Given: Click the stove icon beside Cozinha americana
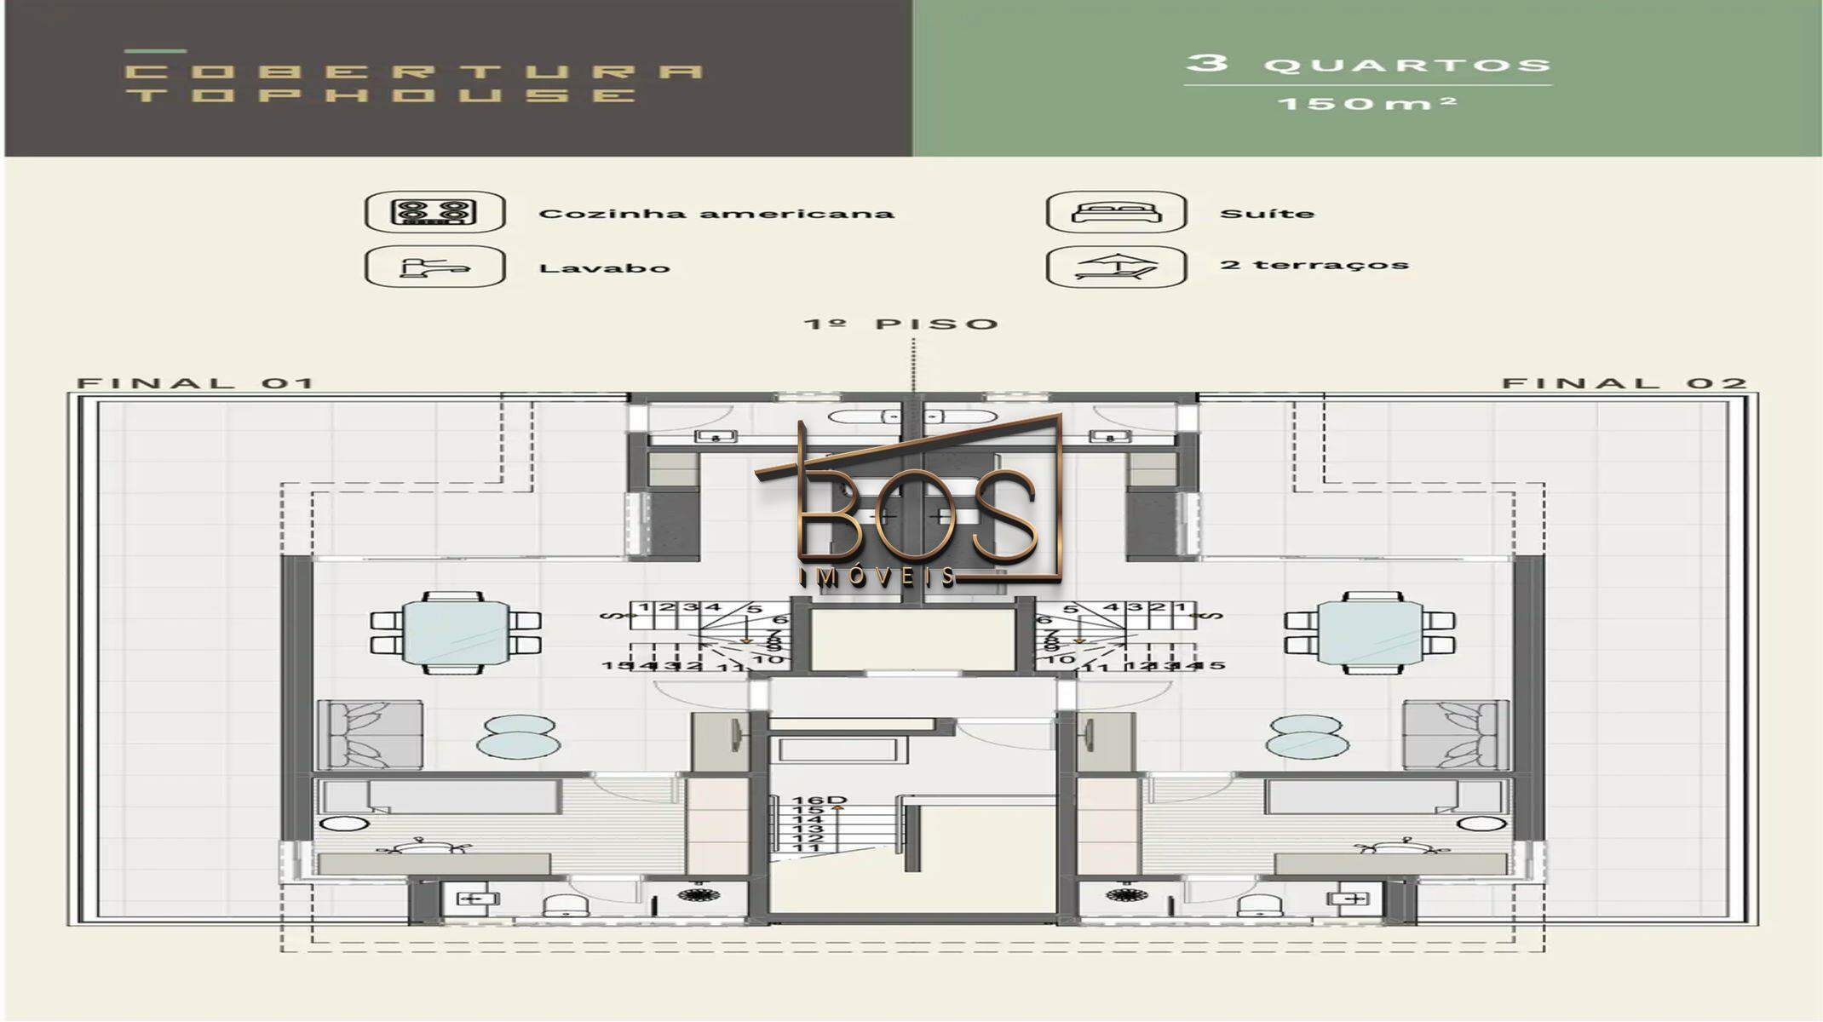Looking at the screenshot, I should pyautogui.click(x=434, y=212).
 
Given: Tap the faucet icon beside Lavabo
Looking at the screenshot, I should pyautogui.click(x=434, y=267).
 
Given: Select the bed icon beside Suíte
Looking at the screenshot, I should pyautogui.click(x=1116, y=212).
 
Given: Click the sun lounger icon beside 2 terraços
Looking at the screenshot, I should pyautogui.click(x=1116, y=267).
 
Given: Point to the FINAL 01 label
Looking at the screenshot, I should pyautogui.click(x=196, y=383).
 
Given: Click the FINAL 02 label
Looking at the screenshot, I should pyautogui.click(x=1624, y=383).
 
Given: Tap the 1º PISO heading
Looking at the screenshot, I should pyautogui.click(x=900, y=324).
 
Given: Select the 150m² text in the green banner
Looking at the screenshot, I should pyautogui.click(x=1367, y=104).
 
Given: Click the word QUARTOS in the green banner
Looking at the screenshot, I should pyautogui.click(x=1406, y=66).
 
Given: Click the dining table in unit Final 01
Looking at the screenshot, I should pyautogui.click(x=456, y=632).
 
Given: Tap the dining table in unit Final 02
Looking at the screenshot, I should pyautogui.click(x=1370, y=632).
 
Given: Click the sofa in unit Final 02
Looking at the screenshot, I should pyautogui.click(x=1455, y=735).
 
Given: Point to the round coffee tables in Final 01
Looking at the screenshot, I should pyautogui.click(x=519, y=737).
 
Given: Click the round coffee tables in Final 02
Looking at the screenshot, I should pyautogui.click(x=1307, y=737).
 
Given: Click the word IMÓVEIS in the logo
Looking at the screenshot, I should pyautogui.click(x=877, y=577).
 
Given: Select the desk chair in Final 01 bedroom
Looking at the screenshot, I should pyautogui.click(x=423, y=846).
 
